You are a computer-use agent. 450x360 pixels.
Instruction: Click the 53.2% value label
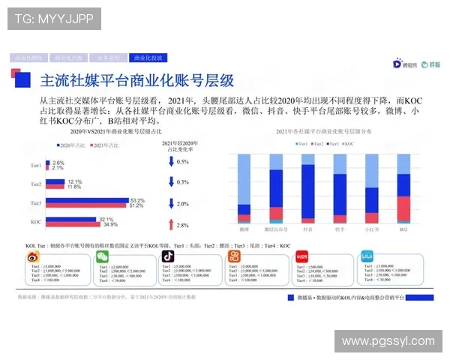click(x=137, y=200)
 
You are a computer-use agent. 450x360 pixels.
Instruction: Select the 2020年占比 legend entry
click(x=71, y=144)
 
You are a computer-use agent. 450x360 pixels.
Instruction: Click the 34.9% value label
click(x=110, y=224)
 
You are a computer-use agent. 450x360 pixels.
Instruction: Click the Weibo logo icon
click(x=35, y=257)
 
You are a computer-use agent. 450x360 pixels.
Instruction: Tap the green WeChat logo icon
click(x=100, y=257)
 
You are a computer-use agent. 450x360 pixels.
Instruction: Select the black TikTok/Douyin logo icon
click(x=169, y=257)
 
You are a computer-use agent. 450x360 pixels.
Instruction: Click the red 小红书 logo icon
click(x=301, y=256)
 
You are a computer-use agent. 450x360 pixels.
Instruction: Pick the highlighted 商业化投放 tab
click(x=148, y=57)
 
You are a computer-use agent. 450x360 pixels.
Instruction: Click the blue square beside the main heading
click(x=23, y=79)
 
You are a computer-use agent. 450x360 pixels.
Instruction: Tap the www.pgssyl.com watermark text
click(x=388, y=341)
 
